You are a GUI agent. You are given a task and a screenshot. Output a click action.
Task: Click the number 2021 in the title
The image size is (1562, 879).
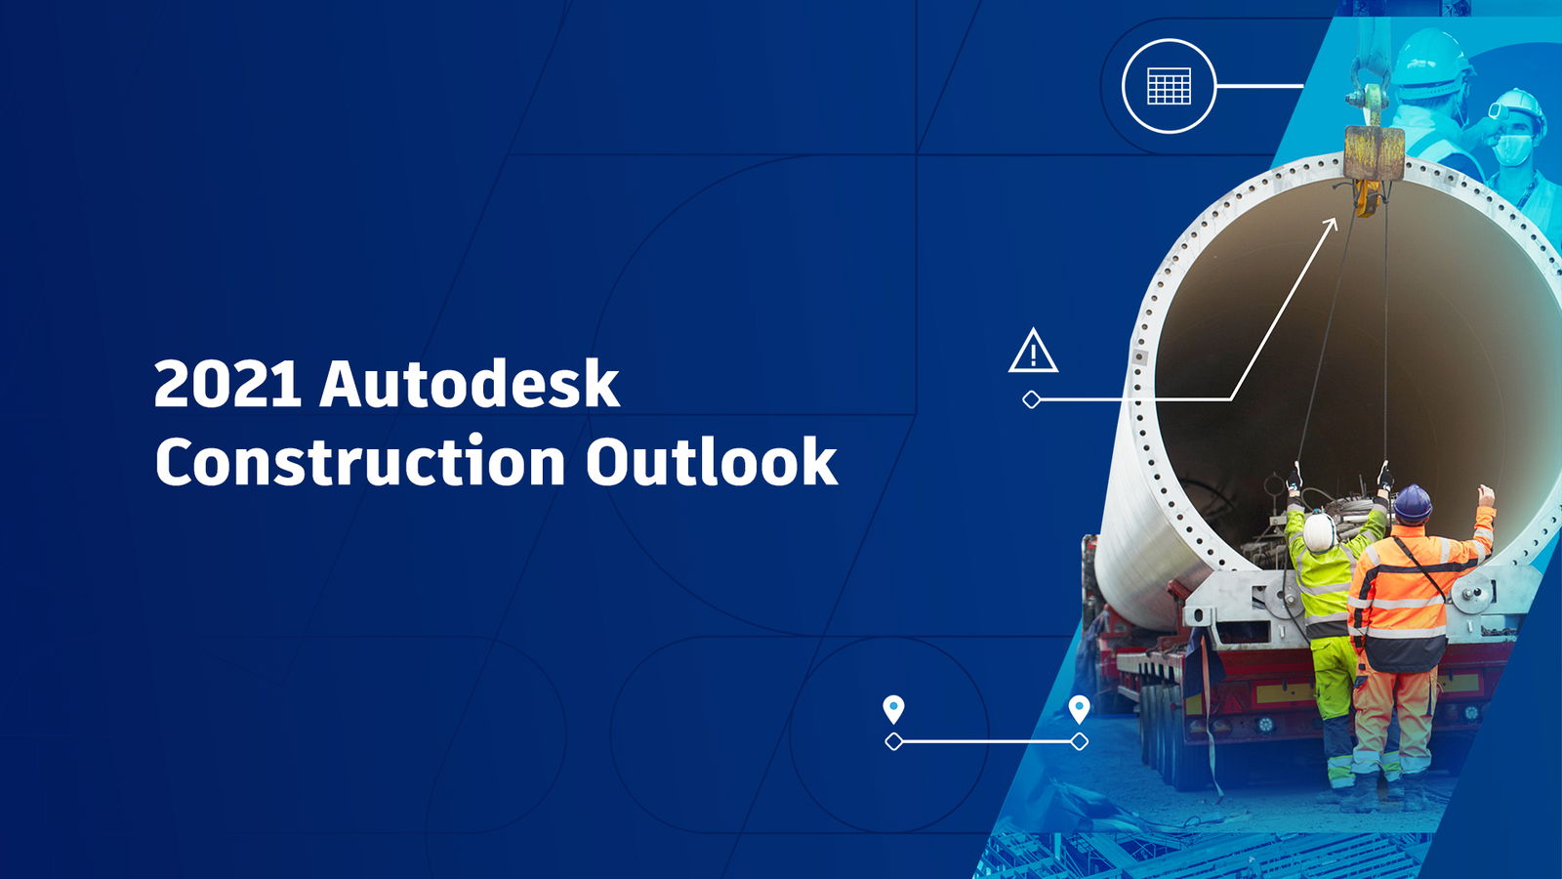[x=226, y=384]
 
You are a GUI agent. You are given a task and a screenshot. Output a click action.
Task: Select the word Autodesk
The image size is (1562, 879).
[x=469, y=384]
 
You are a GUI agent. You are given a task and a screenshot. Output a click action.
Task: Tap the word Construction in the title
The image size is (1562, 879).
[x=359, y=462]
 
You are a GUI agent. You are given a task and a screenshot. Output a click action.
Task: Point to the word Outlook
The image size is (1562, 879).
[x=711, y=462]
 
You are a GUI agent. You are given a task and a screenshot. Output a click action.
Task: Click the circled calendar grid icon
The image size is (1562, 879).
[x=1169, y=86]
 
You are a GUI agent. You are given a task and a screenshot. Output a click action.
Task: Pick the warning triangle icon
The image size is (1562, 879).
[x=1033, y=352]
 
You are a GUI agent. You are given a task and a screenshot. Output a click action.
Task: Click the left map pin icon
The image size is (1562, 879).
[x=893, y=708]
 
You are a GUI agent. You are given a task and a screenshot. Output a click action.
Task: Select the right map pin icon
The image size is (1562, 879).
[x=1079, y=708]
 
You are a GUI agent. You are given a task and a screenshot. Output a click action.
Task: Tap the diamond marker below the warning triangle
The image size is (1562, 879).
[x=1031, y=399]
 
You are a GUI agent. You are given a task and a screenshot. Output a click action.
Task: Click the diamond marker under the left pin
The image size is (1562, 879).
[x=893, y=742]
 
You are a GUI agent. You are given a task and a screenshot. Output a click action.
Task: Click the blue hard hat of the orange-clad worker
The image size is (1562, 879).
[x=1412, y=503]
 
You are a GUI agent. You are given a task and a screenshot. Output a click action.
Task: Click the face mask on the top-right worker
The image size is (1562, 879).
[x=1513, y=148]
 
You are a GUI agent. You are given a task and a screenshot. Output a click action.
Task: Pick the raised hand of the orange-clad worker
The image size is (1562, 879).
[x=1486, y=495]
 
